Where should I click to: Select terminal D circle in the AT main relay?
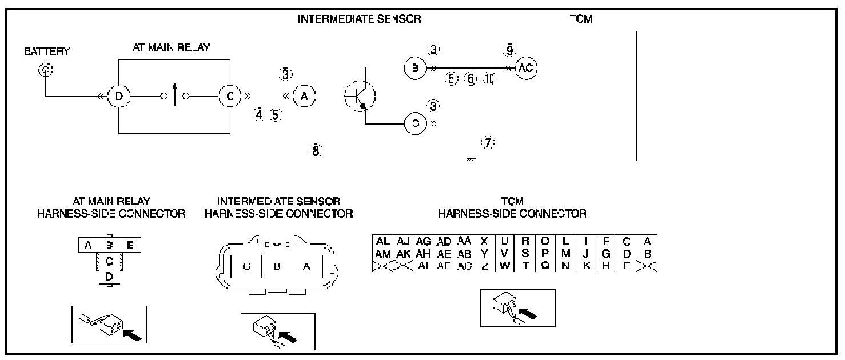[x=118, y=97]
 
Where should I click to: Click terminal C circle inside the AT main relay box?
[x=230, y=97]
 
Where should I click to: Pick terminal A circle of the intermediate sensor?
[x=304, y=97]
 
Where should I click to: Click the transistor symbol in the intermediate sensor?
[x=360, y=95]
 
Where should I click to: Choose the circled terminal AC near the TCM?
[x=526, y=68]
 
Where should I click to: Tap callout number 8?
[x=316, y=151]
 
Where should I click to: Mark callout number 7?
[x=487, y=143]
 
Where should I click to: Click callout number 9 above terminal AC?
[x=508, y=50]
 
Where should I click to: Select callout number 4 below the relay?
[x=259, y=114]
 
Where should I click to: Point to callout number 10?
[x=488, y=79]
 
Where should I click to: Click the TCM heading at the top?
[x=580, y=19]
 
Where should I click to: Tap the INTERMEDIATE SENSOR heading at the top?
[x=360, y=19]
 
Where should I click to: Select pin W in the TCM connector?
[x=505, y=265]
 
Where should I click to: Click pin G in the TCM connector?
[x=605, y=254]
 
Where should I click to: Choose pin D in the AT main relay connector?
[x=109, y=275]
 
